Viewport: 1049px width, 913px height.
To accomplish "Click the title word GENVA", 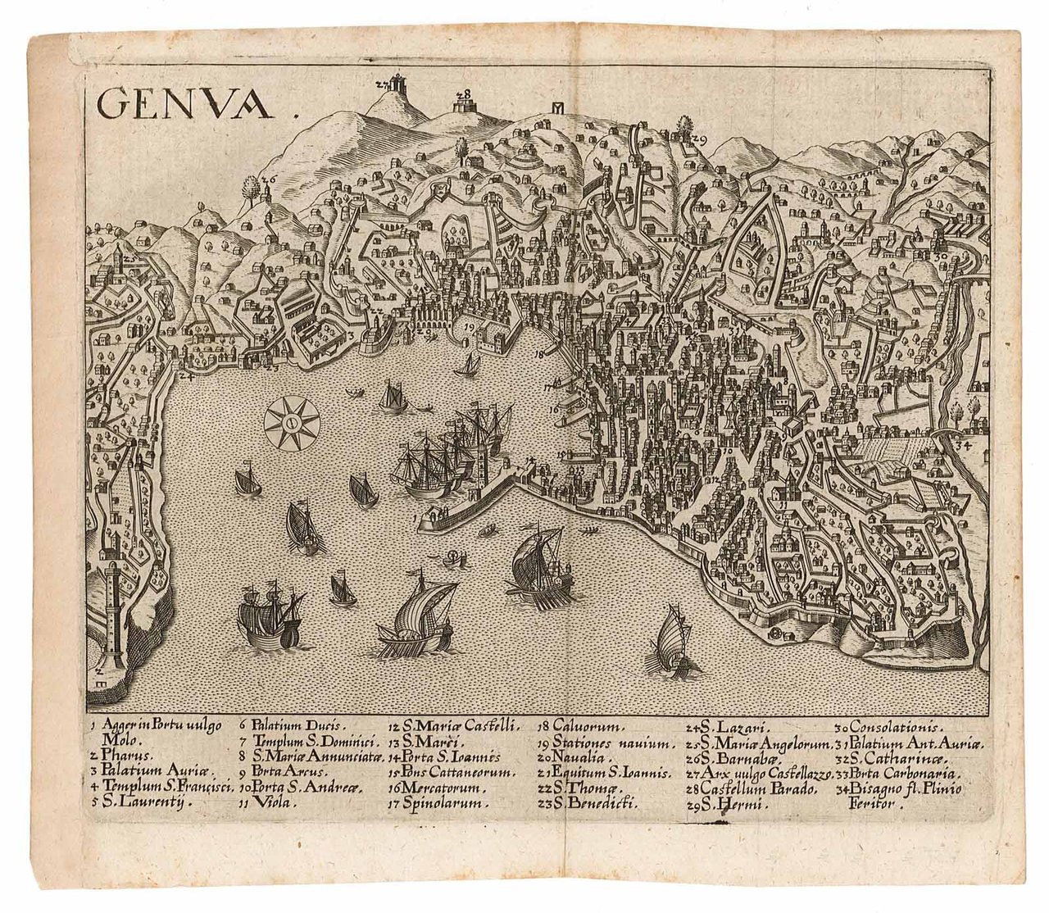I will tap(184, 103).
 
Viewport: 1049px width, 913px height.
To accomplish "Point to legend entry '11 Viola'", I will tap(267, 802).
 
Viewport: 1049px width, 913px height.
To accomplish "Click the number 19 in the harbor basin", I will tap(469, 327).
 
